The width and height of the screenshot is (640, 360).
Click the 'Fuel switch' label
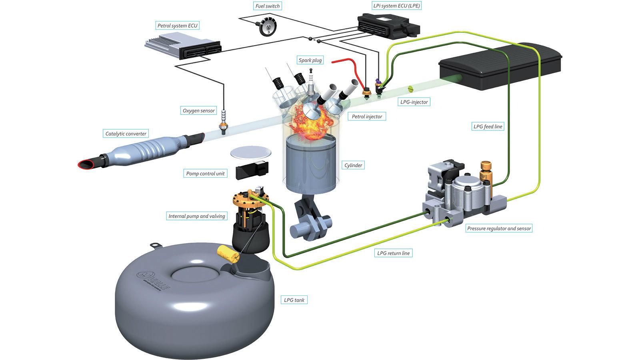click(x=268, y=6)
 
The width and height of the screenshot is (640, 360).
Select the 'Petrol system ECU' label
click(x=178, y=26)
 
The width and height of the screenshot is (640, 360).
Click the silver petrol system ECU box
click(x=183, y=46)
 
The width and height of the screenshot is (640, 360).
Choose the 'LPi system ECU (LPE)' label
click(x=396, y=6)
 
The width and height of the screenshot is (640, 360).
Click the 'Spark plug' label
click(x=310, y=60)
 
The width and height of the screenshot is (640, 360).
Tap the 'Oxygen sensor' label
click(x=198, y=110)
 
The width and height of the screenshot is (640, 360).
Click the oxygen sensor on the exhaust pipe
click(x=222, y=121)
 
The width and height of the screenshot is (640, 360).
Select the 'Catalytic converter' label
click(x=126, y=134)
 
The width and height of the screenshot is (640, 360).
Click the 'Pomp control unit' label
click(x=205, y=174)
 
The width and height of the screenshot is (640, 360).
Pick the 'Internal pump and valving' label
click(x=196, y=216)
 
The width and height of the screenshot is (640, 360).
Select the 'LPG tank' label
click(x=294, y=300)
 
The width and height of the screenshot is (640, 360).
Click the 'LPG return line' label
click(x=393, y=253)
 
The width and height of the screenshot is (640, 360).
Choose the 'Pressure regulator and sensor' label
click(x=499, y=228)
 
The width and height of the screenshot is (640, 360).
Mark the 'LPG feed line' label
click(x=488, y=126)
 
